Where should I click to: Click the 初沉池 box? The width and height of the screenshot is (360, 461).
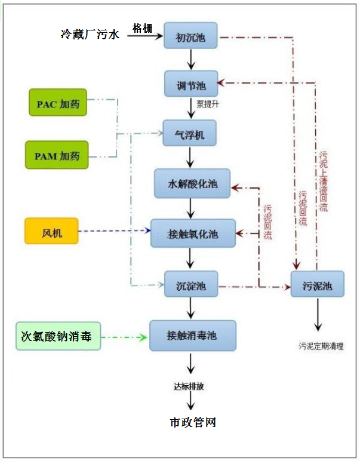click(x=190, y=38)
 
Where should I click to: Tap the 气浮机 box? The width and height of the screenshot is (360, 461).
click(x=190, y=135)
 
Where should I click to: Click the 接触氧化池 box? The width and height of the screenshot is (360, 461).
click(x=193, y=234)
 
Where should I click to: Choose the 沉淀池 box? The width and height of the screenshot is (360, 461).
click(x=190, y=284)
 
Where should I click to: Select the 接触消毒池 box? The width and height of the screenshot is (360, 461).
click(x=192, y=336)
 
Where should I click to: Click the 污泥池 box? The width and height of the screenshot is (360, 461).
click(x=318, y=285)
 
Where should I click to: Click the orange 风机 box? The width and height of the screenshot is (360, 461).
click(x=51, y=231)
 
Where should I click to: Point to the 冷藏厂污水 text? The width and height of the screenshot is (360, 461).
click(x=90, y=35)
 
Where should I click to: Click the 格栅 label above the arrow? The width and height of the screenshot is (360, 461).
click(x=143, y=28)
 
